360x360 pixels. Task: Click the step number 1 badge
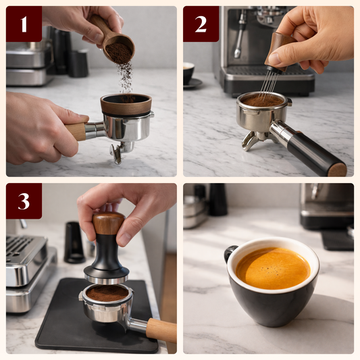click(x=24, y=24)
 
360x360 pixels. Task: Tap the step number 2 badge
click(x=201, y=24)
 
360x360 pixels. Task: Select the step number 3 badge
click(x=24, y=201)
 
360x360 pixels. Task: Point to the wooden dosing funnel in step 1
click(x=126, y=105)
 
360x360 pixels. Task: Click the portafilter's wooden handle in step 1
click(x=76, y=131)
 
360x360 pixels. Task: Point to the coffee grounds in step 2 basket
click(x=262, y=100)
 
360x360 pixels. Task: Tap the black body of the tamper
click(x=106, y=257)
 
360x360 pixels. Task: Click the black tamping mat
click(x=68, y=324)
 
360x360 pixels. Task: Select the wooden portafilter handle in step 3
click(x=160, y=330)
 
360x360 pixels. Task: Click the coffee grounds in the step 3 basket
click(x=106, y=293)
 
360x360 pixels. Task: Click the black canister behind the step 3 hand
click(x=74, y=241)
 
